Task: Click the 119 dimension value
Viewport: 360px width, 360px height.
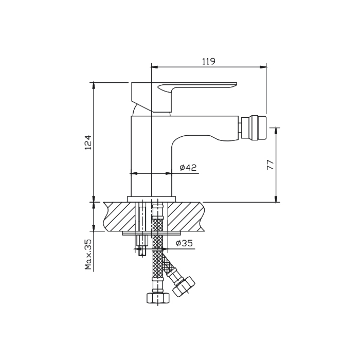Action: tap(209, 62)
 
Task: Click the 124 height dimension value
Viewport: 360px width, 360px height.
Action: tap(88, 142)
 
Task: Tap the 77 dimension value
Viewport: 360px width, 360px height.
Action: tap(271, 165)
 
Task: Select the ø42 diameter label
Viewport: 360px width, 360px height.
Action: tap(188, 168)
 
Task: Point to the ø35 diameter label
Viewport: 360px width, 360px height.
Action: tap(184, 243)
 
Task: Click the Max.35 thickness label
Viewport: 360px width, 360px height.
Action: tap(88, 255)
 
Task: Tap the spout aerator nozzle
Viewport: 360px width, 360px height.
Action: tap(254, 128)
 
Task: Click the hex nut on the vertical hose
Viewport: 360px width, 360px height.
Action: tap(158, 298)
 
